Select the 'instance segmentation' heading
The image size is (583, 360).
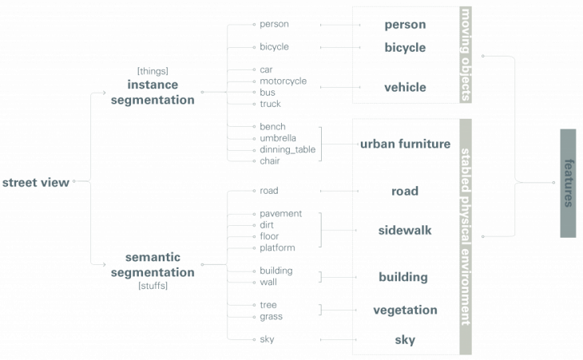coord(160,93)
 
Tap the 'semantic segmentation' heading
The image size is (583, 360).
coord(160,265)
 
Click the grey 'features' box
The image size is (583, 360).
coord(569,183)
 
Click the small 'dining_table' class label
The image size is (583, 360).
coord(287,149)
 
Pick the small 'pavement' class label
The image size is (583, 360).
coord(280,214)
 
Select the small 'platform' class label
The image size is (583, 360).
coord(277,248)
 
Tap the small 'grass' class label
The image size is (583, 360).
coord(271,317)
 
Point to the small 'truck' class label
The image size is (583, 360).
coord(270,104)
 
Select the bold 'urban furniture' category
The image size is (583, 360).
coord(405,144)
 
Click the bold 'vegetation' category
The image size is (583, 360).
coord(405,310)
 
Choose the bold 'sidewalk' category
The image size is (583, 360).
coord(405,230)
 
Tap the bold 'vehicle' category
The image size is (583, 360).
coord(405,87)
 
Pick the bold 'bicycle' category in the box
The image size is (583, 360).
coord(405,47)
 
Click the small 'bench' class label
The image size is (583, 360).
coord(272,127)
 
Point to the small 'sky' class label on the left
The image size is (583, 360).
coord(267,340)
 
